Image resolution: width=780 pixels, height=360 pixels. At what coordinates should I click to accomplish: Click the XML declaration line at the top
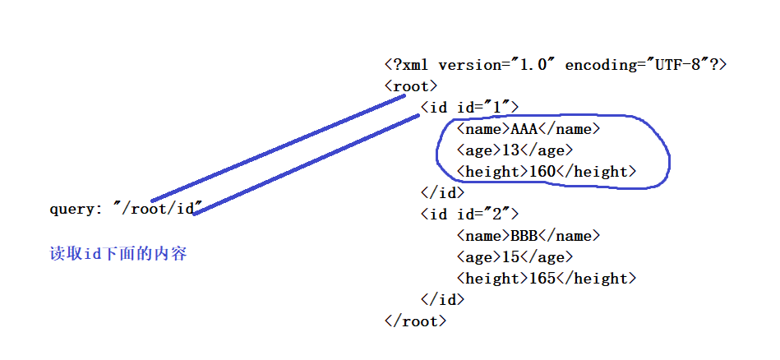tap(556, 65)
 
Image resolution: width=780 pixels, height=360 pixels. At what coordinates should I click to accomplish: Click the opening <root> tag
tap(411, 86)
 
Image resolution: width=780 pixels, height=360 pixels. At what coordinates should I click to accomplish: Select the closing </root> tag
tap(415, 321)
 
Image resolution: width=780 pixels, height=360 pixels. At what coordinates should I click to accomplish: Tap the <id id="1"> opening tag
tap(469, 108)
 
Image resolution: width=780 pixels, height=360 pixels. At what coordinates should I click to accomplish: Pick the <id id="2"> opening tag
tap(469, 215)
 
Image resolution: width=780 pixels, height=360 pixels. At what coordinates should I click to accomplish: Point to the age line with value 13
tap(515, 150)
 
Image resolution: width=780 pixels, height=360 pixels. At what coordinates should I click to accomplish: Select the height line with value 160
tap(547, 172)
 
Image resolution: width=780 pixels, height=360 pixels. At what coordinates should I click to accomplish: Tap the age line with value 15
tap(515, 257)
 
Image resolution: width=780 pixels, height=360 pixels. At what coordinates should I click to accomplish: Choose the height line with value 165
tap(547, 279)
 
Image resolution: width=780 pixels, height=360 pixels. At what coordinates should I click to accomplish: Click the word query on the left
tap(72, 209)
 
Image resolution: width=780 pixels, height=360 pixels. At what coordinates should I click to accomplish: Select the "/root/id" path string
tap(157, 208)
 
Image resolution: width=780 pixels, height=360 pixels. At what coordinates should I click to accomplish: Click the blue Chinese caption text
tap(118, 254)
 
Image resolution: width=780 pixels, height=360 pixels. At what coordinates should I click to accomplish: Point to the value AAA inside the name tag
tap(524, 129)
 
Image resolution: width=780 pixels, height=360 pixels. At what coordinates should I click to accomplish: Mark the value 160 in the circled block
tap(542, 172)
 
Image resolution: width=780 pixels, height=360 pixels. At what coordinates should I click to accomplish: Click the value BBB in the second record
tap(524, 236)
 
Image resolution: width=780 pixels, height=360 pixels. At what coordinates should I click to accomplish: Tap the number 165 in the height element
tap(542, 279)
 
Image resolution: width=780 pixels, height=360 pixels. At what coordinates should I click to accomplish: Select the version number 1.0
tap(533, 65)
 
